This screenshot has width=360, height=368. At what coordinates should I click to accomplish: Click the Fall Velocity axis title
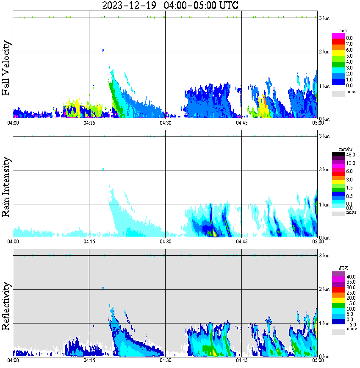6,68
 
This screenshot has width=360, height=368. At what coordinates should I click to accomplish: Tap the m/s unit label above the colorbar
343,31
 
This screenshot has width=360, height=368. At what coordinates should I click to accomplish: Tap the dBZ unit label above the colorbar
343,268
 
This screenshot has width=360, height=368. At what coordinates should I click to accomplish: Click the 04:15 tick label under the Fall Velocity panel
89,123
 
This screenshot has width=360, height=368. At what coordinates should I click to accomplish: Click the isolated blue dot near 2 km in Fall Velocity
103,50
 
